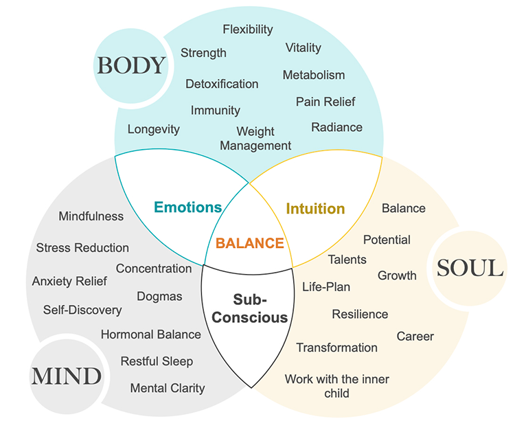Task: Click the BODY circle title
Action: click(x=131, y=65)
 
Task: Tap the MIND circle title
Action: click(x=66, y=376)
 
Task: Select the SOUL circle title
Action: click(x=470, y=268)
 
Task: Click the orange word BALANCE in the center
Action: click(x=249, y=242)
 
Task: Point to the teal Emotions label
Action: click(x=187, y=207)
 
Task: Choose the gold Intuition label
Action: click(x=315, y=207)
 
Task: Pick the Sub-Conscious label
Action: click(x=249, y=309)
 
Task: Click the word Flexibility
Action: click(x=248, y=30)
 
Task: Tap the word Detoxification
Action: click(x=222, y=84)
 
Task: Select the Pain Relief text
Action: click(x=325, y=102)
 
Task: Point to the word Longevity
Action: click(x=153, y=129)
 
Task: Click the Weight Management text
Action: click(x=255, y=138)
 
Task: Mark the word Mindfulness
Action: click(x=91, y=216)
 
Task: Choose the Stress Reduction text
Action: click(x=82, y=248)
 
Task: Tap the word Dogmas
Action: click(x=159, y=297)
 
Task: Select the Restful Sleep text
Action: click(x=157, y=361)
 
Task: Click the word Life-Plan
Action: click(x=327, y=286)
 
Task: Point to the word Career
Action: click(x=415, y=337)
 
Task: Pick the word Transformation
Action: click(x=336, y=348)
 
